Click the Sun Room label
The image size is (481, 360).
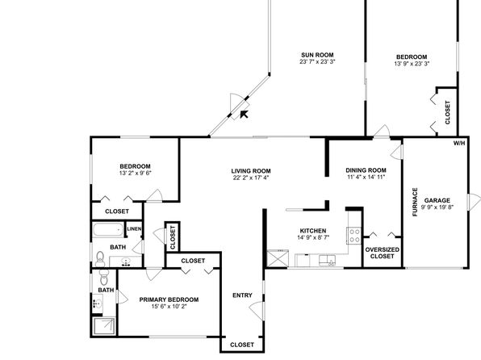[317, 55]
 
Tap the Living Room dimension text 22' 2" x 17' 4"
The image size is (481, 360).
[251, 178]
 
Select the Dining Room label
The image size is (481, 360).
[366, 170]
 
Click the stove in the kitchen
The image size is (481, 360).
[354, 236]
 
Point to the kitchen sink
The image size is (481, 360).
[327, 260]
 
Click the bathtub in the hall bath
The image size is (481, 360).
[107, 229]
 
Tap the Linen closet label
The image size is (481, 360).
[134, 229]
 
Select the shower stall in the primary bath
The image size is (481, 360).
[104, 326]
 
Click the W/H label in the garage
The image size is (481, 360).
[459, 144]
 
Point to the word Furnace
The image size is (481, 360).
[415, 202]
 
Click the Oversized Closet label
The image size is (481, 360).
[383, 253]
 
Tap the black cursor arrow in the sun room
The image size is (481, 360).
[244, 114]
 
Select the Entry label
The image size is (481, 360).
[242, 295]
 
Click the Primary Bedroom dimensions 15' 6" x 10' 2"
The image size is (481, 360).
[169, 306]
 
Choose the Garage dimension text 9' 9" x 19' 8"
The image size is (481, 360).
[437, 207]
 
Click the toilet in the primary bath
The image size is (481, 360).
[104, 278]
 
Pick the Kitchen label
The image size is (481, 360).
[313, 231]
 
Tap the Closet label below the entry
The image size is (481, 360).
[242, 345]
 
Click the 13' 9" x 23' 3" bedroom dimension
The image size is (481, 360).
[412, 64]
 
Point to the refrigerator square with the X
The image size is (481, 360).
[278, 259]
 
